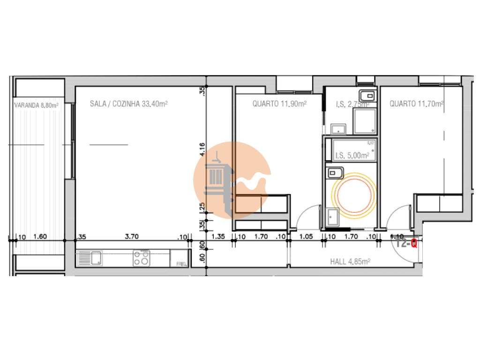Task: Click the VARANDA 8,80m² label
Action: [36, 105]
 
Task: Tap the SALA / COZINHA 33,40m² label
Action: [128, 104]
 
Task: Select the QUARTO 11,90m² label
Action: [279, 104]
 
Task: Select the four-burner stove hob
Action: [142, 258]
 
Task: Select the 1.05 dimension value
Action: [306, 237]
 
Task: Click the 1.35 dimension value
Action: [219, 237]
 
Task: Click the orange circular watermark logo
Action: [232, 180]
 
